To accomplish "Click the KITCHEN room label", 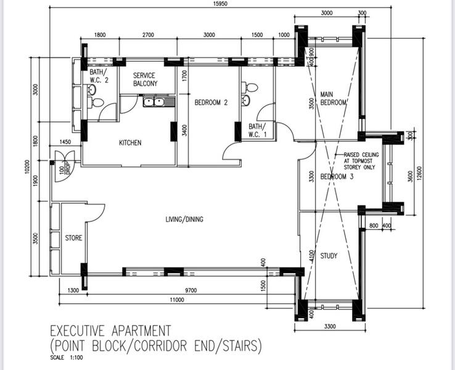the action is tap(130, 143).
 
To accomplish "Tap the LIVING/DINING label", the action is tap(184, 220).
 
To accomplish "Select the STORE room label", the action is tap(73, 238).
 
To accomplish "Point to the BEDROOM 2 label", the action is tap(211, 102).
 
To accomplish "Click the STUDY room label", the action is tap(329, 256).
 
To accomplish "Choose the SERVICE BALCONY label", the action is tap(145, 80).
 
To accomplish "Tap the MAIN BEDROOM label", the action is tap(333, 99).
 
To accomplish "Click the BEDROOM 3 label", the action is tap(337, 176).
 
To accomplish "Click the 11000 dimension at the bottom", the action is tap(177, 300).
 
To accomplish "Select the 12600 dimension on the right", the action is tap(419, 173).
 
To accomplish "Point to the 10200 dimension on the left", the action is tap(27, 167).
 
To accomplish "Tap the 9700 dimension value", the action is tap(191, 290).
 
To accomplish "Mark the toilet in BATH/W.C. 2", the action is tap(95, 102).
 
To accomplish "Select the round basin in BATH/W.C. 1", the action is tap(245, 100).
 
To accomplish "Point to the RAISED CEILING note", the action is tap(361, 161).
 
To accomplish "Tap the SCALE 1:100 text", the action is tap(67, 358).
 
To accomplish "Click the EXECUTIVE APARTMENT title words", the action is tap(110, 331).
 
